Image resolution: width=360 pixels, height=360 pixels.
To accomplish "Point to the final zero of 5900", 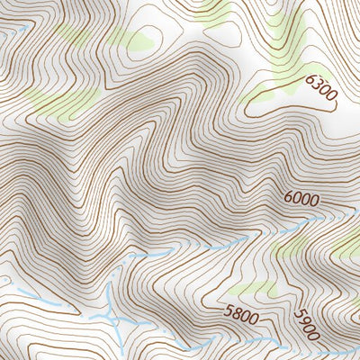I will tap(313, 337).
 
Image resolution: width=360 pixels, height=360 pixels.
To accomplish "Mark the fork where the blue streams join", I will tap(110, 315).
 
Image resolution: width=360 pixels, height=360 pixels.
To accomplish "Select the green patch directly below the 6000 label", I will tap(292, 245).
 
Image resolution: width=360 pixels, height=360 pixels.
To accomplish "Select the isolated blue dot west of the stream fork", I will tap(8, 280).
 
